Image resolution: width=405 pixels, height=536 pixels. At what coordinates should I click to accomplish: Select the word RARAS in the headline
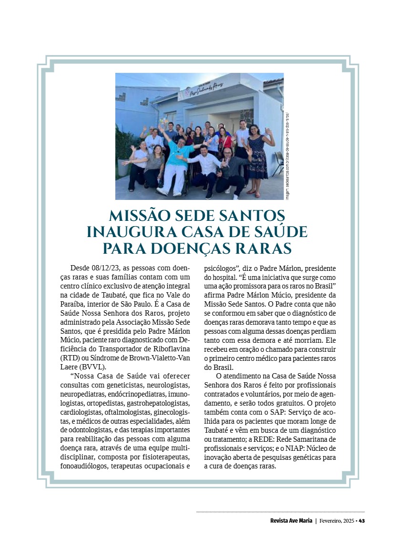point(260,248)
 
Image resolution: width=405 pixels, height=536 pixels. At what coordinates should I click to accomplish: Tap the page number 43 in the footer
point(362,521)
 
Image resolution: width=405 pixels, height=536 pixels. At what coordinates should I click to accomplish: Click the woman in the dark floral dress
point(258,152)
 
